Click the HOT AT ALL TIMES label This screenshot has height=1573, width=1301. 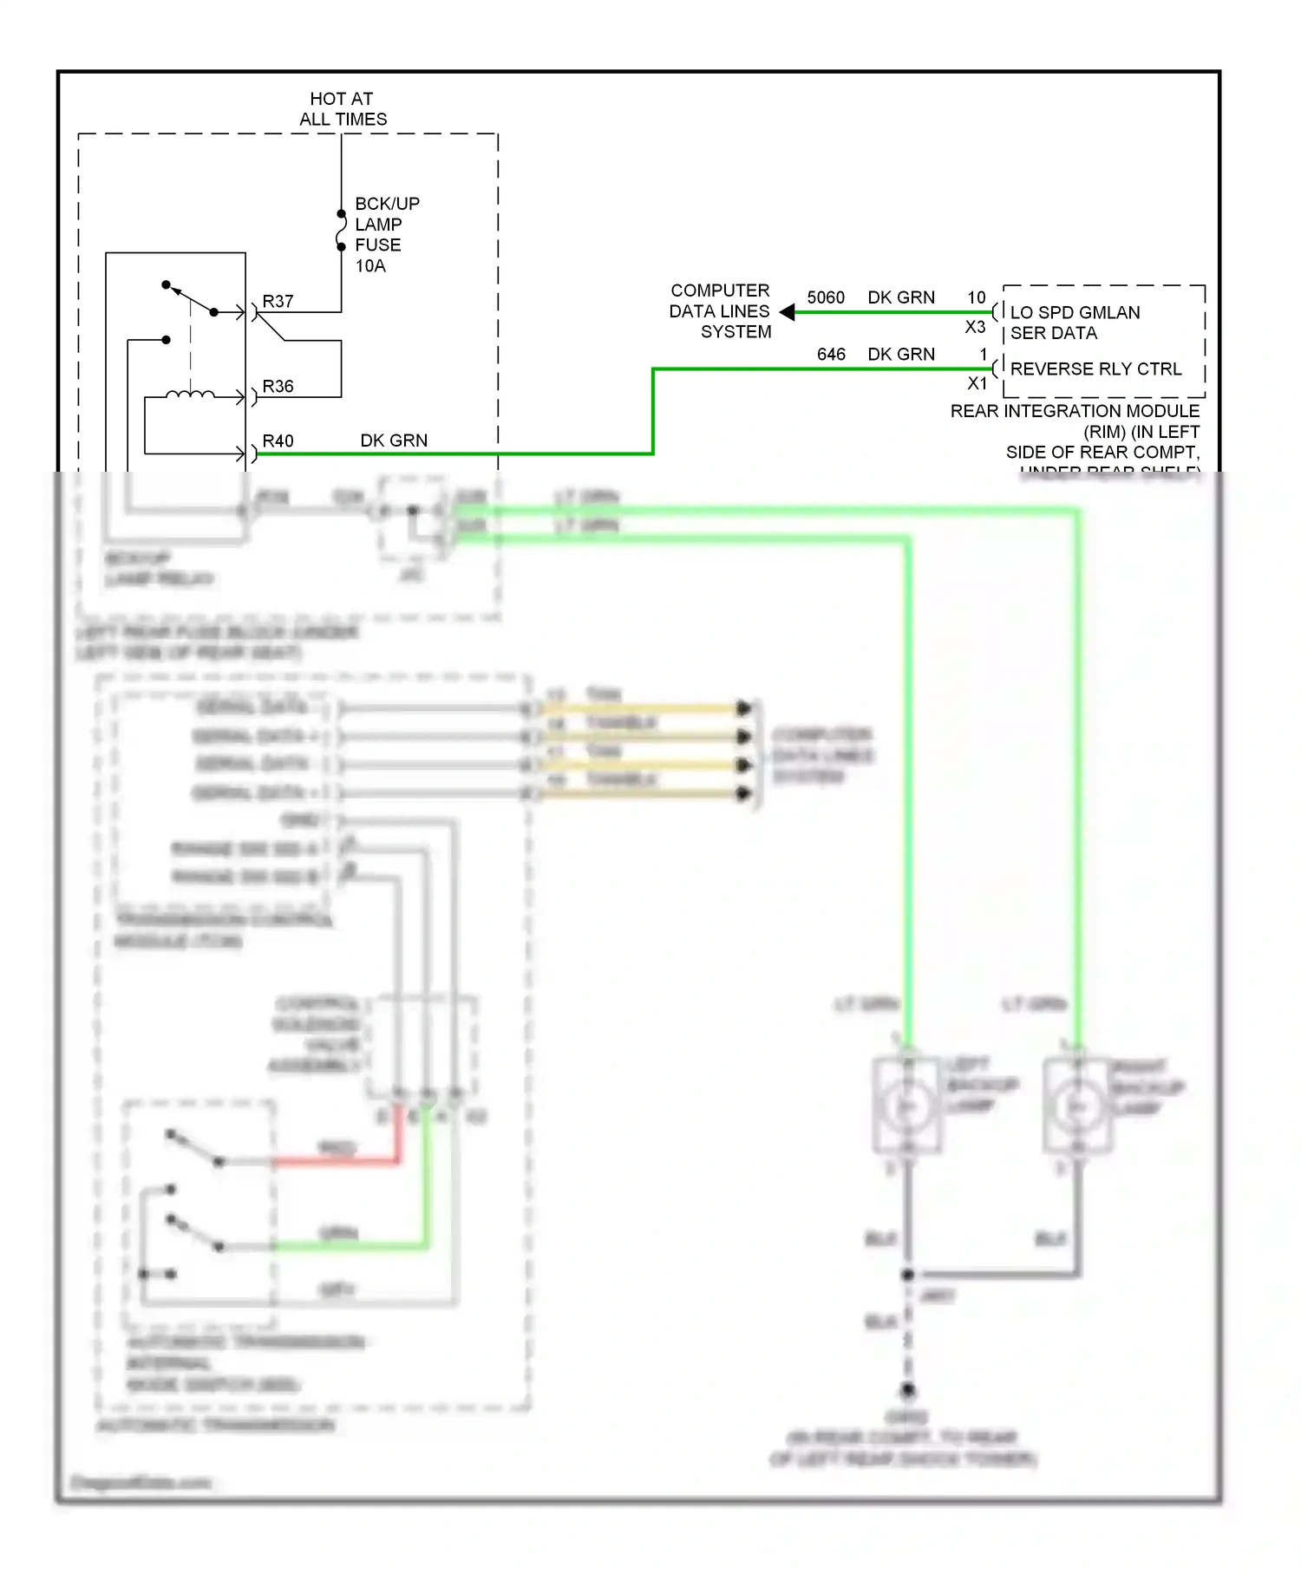343,109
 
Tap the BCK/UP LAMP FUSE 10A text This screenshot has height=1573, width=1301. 387,235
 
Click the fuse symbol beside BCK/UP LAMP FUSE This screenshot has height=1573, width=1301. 341,231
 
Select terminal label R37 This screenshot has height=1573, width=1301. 278,302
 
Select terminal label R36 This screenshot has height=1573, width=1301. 278,387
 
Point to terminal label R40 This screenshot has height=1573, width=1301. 278,441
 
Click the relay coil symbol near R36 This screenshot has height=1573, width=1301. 190,395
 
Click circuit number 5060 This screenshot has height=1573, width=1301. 825,298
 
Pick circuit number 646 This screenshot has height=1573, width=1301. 830,355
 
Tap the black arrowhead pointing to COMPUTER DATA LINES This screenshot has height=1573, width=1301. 787,312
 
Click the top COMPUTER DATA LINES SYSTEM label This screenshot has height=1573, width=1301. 720,311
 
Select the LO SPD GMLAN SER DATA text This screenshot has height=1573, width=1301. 1075,323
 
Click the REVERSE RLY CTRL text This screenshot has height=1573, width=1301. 1095,369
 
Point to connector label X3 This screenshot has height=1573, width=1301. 975,328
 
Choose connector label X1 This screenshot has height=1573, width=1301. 977,383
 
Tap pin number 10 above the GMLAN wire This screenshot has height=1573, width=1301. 976,297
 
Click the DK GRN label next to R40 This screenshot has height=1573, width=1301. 394,441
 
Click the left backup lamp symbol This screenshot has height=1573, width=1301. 906,1106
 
